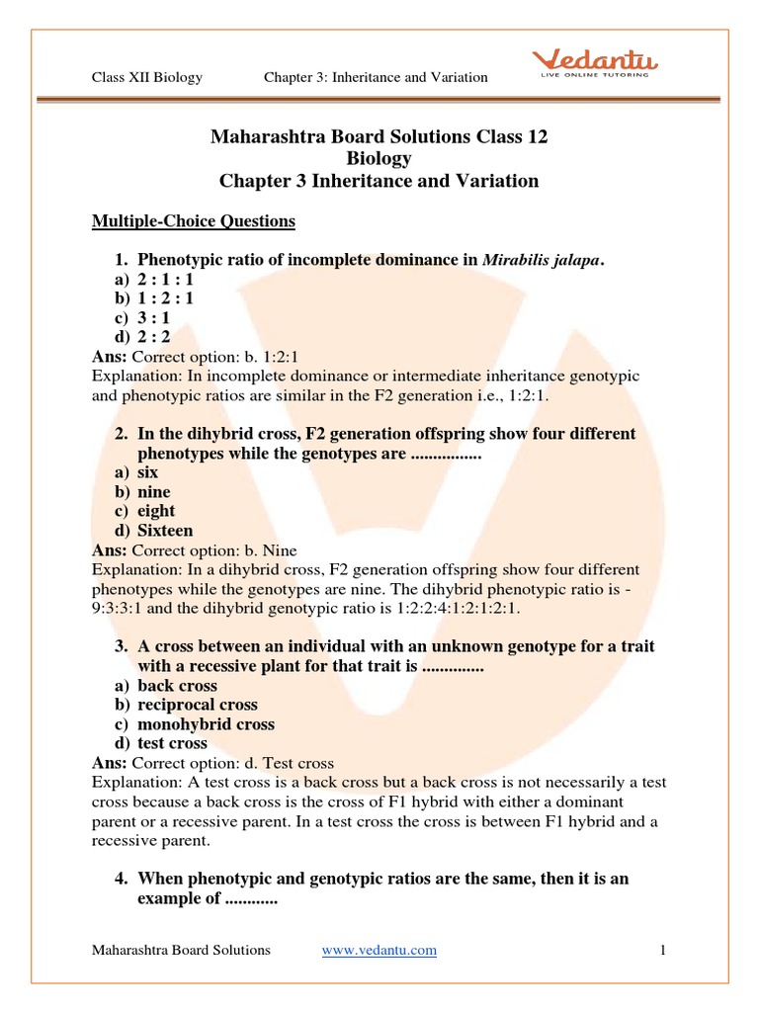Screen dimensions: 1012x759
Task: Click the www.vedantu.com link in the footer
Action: (379, 950)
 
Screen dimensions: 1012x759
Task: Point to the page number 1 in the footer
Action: (663, 950)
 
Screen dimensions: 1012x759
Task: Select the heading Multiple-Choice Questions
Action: (194, 221)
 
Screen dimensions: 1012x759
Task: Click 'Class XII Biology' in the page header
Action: (147, 77)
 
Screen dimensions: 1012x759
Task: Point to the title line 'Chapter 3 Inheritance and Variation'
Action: (379, 181)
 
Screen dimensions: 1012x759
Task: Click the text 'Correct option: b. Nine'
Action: (214, 550)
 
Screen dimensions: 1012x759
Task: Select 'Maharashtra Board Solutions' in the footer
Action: (181, 950)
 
